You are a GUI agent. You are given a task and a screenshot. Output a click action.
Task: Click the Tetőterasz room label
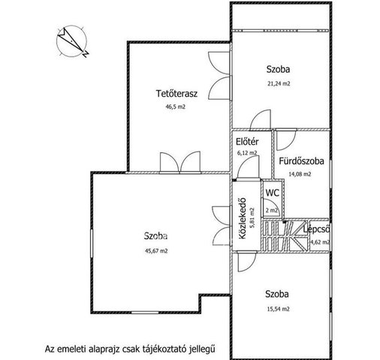coord(176,93)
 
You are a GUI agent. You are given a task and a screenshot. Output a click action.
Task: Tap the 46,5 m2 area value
coord(176,106)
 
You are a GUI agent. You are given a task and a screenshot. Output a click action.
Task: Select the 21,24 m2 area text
coord(279,83)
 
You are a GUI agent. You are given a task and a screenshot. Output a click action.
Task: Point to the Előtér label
coord(247,142)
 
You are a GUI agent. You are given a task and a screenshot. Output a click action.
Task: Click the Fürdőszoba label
coord(301,160)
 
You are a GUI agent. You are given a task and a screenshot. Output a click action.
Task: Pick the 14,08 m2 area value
coord(300,174)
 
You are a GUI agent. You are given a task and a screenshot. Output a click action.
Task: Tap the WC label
coord(273,193)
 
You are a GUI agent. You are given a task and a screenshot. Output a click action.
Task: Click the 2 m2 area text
coord(272,210)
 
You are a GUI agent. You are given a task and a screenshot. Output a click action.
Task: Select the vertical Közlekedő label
coord(243,218)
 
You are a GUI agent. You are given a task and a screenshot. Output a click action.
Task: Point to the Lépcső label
coord(316,229)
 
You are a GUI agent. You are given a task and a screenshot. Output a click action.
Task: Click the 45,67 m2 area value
coord(156,250)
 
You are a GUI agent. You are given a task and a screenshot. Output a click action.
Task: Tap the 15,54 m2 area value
coord(278,309)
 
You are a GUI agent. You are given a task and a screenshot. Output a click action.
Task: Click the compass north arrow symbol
coord(73,41)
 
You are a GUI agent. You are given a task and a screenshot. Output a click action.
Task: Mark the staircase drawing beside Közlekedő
coord(285,235)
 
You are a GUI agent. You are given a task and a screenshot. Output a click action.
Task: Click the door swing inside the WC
coord(269,207)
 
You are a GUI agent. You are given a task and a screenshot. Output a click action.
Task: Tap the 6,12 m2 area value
coord(247,152)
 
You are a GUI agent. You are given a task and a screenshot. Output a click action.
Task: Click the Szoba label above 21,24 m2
coord(278,69)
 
